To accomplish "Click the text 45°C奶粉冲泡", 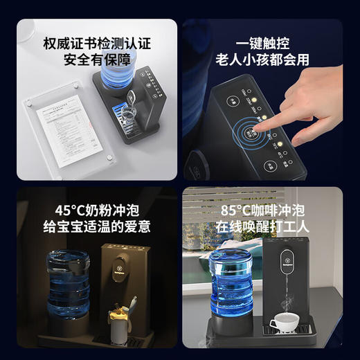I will tap(94, 208).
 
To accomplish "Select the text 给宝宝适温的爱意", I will tap(94, 226).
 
